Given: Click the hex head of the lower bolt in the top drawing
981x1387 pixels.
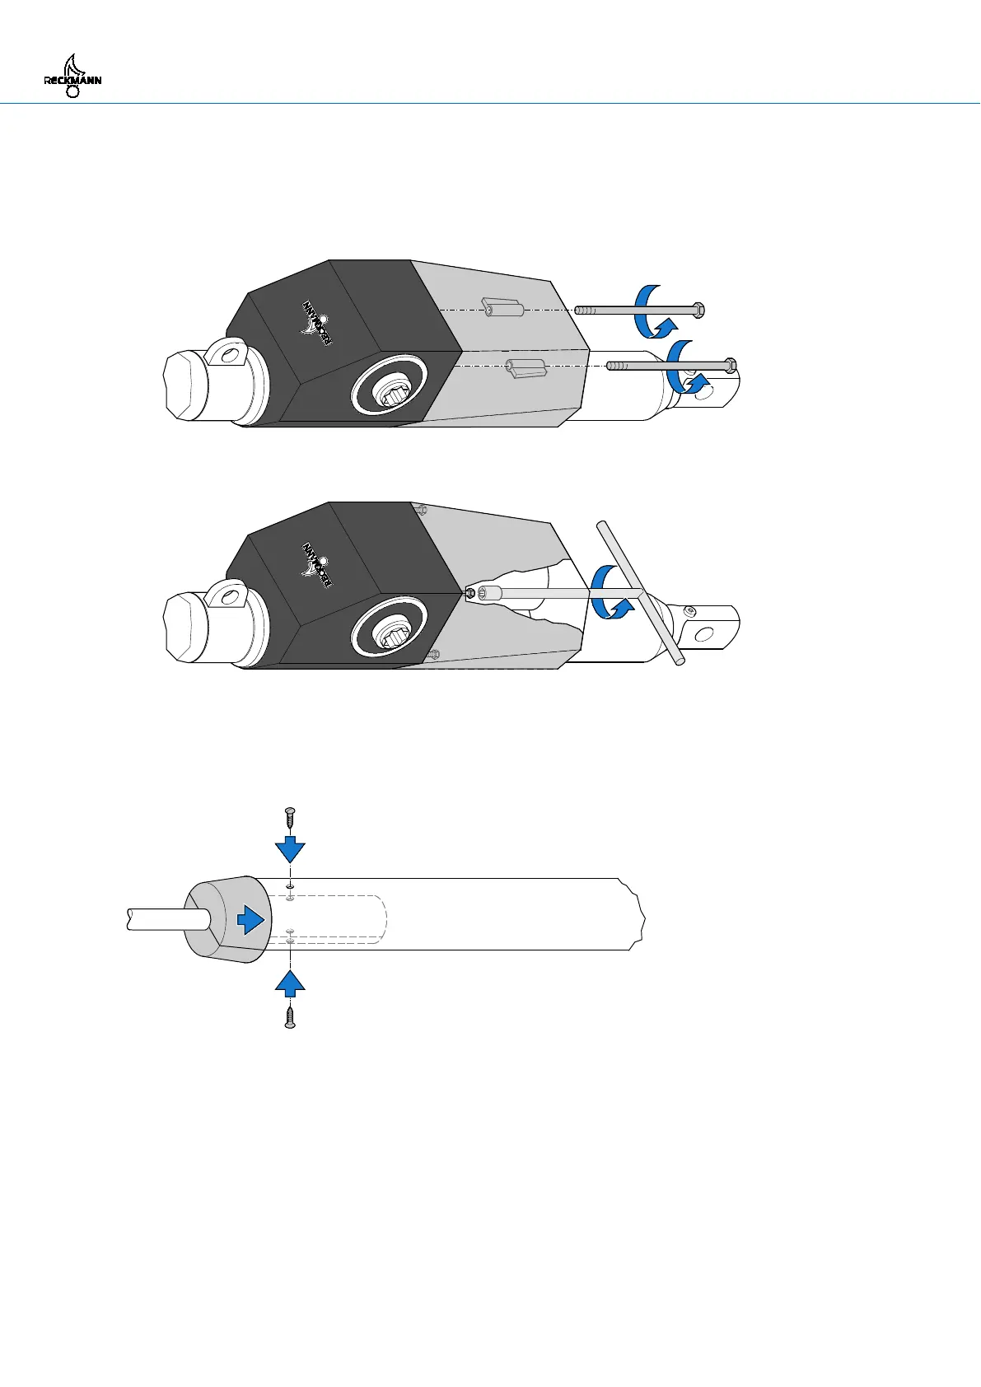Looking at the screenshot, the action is (x=729, y=365).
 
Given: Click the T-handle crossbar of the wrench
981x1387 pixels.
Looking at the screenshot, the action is (x=642, y=592).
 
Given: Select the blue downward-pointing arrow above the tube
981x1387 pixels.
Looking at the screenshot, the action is (x=290, y=848).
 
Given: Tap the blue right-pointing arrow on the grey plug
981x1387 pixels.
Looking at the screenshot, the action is (x=253, y=918).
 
